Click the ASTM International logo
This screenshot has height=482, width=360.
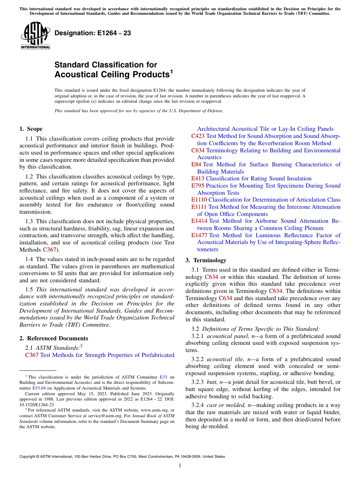click(35, 35)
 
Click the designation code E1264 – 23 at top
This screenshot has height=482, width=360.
click(93, 33)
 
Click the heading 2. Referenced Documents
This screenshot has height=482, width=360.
click(53, 338)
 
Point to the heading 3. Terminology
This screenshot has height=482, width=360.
click(206, 260)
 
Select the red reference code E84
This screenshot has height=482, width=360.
click(196, 164)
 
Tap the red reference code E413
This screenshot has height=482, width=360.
click(198, 178)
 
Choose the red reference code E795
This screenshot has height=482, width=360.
click(198, 186)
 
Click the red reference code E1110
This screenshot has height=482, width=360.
click(199, 200)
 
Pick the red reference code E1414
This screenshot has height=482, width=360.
click(199, 221)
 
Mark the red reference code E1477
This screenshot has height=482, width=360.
click(199, 235)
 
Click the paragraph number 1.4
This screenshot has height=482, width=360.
click(30, 260)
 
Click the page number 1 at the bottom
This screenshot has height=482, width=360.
click(180, 466)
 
